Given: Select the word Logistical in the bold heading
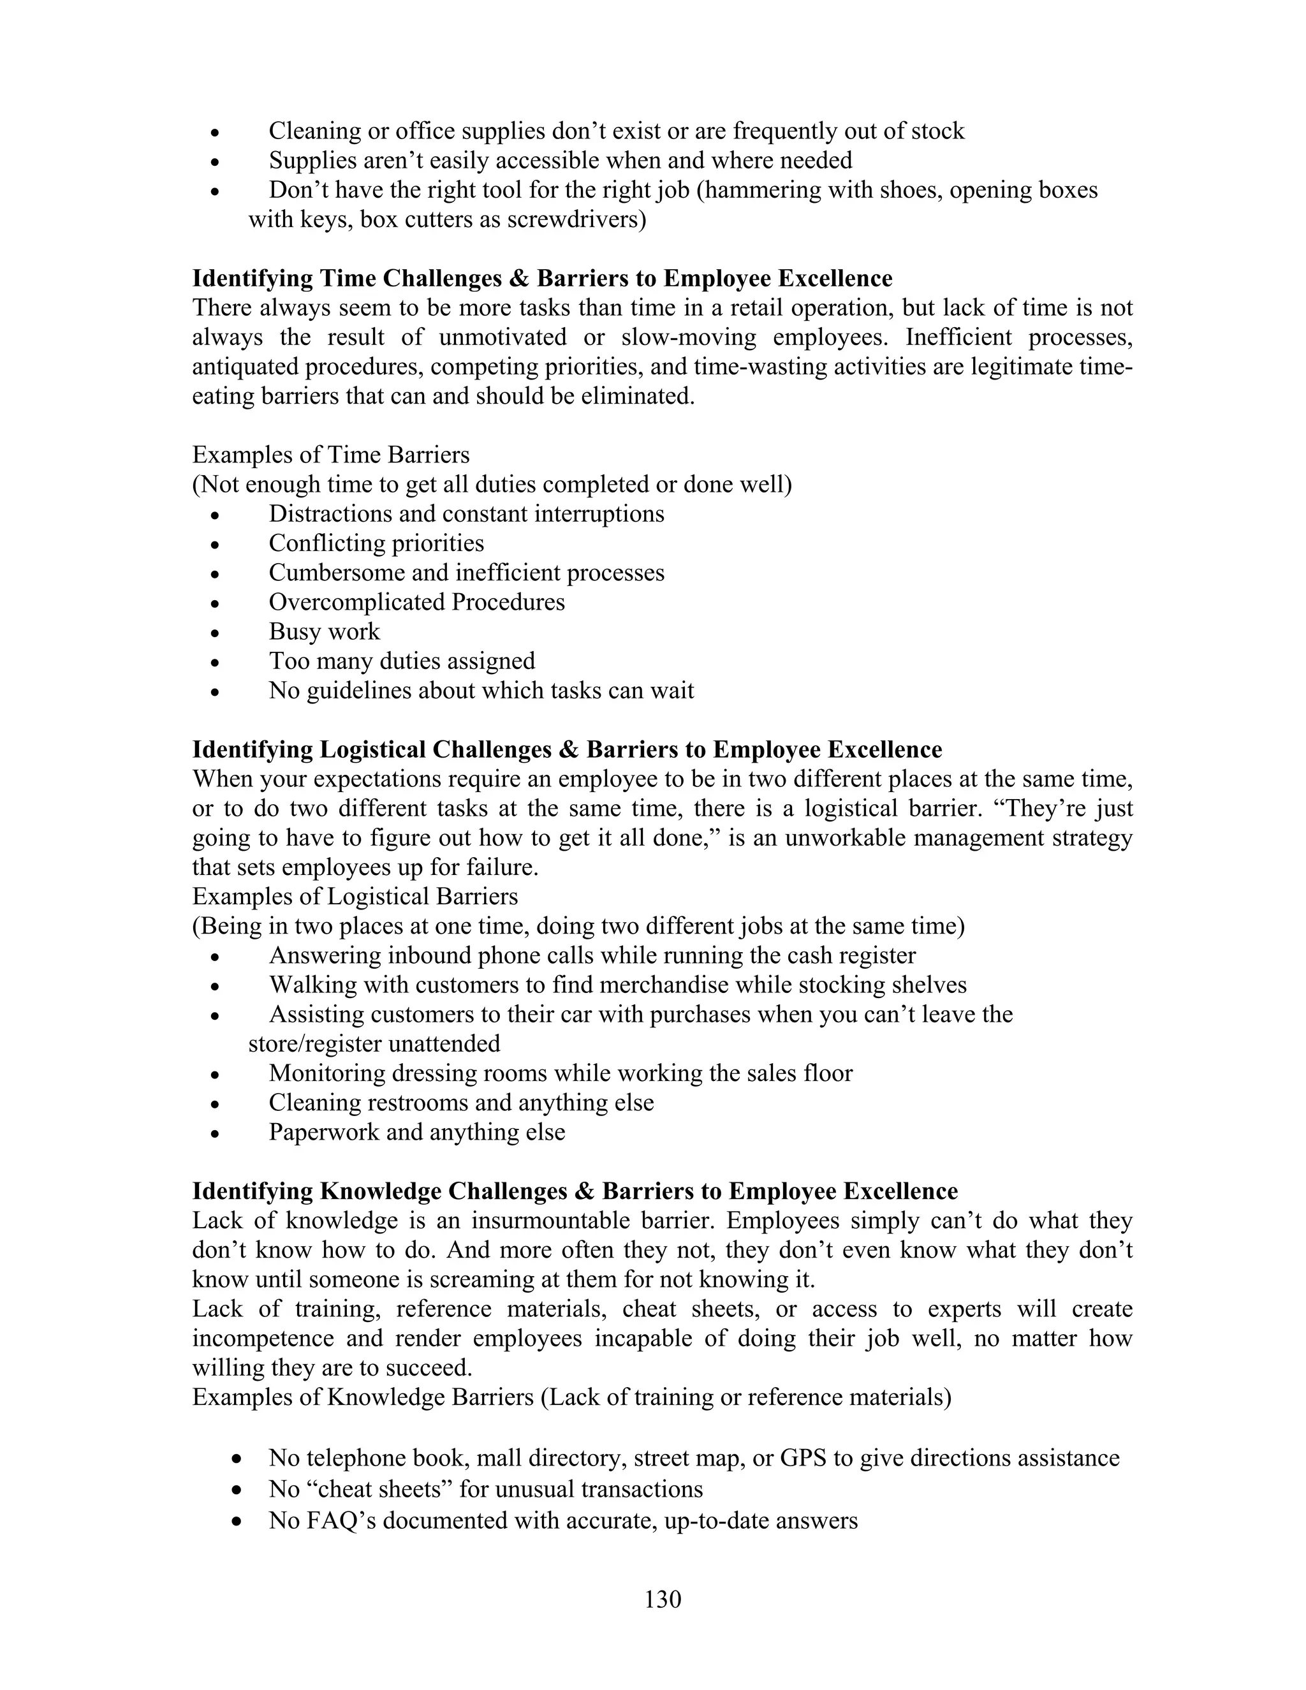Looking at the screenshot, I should tap(372, 750).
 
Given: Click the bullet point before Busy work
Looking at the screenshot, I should tap(216, 634).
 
